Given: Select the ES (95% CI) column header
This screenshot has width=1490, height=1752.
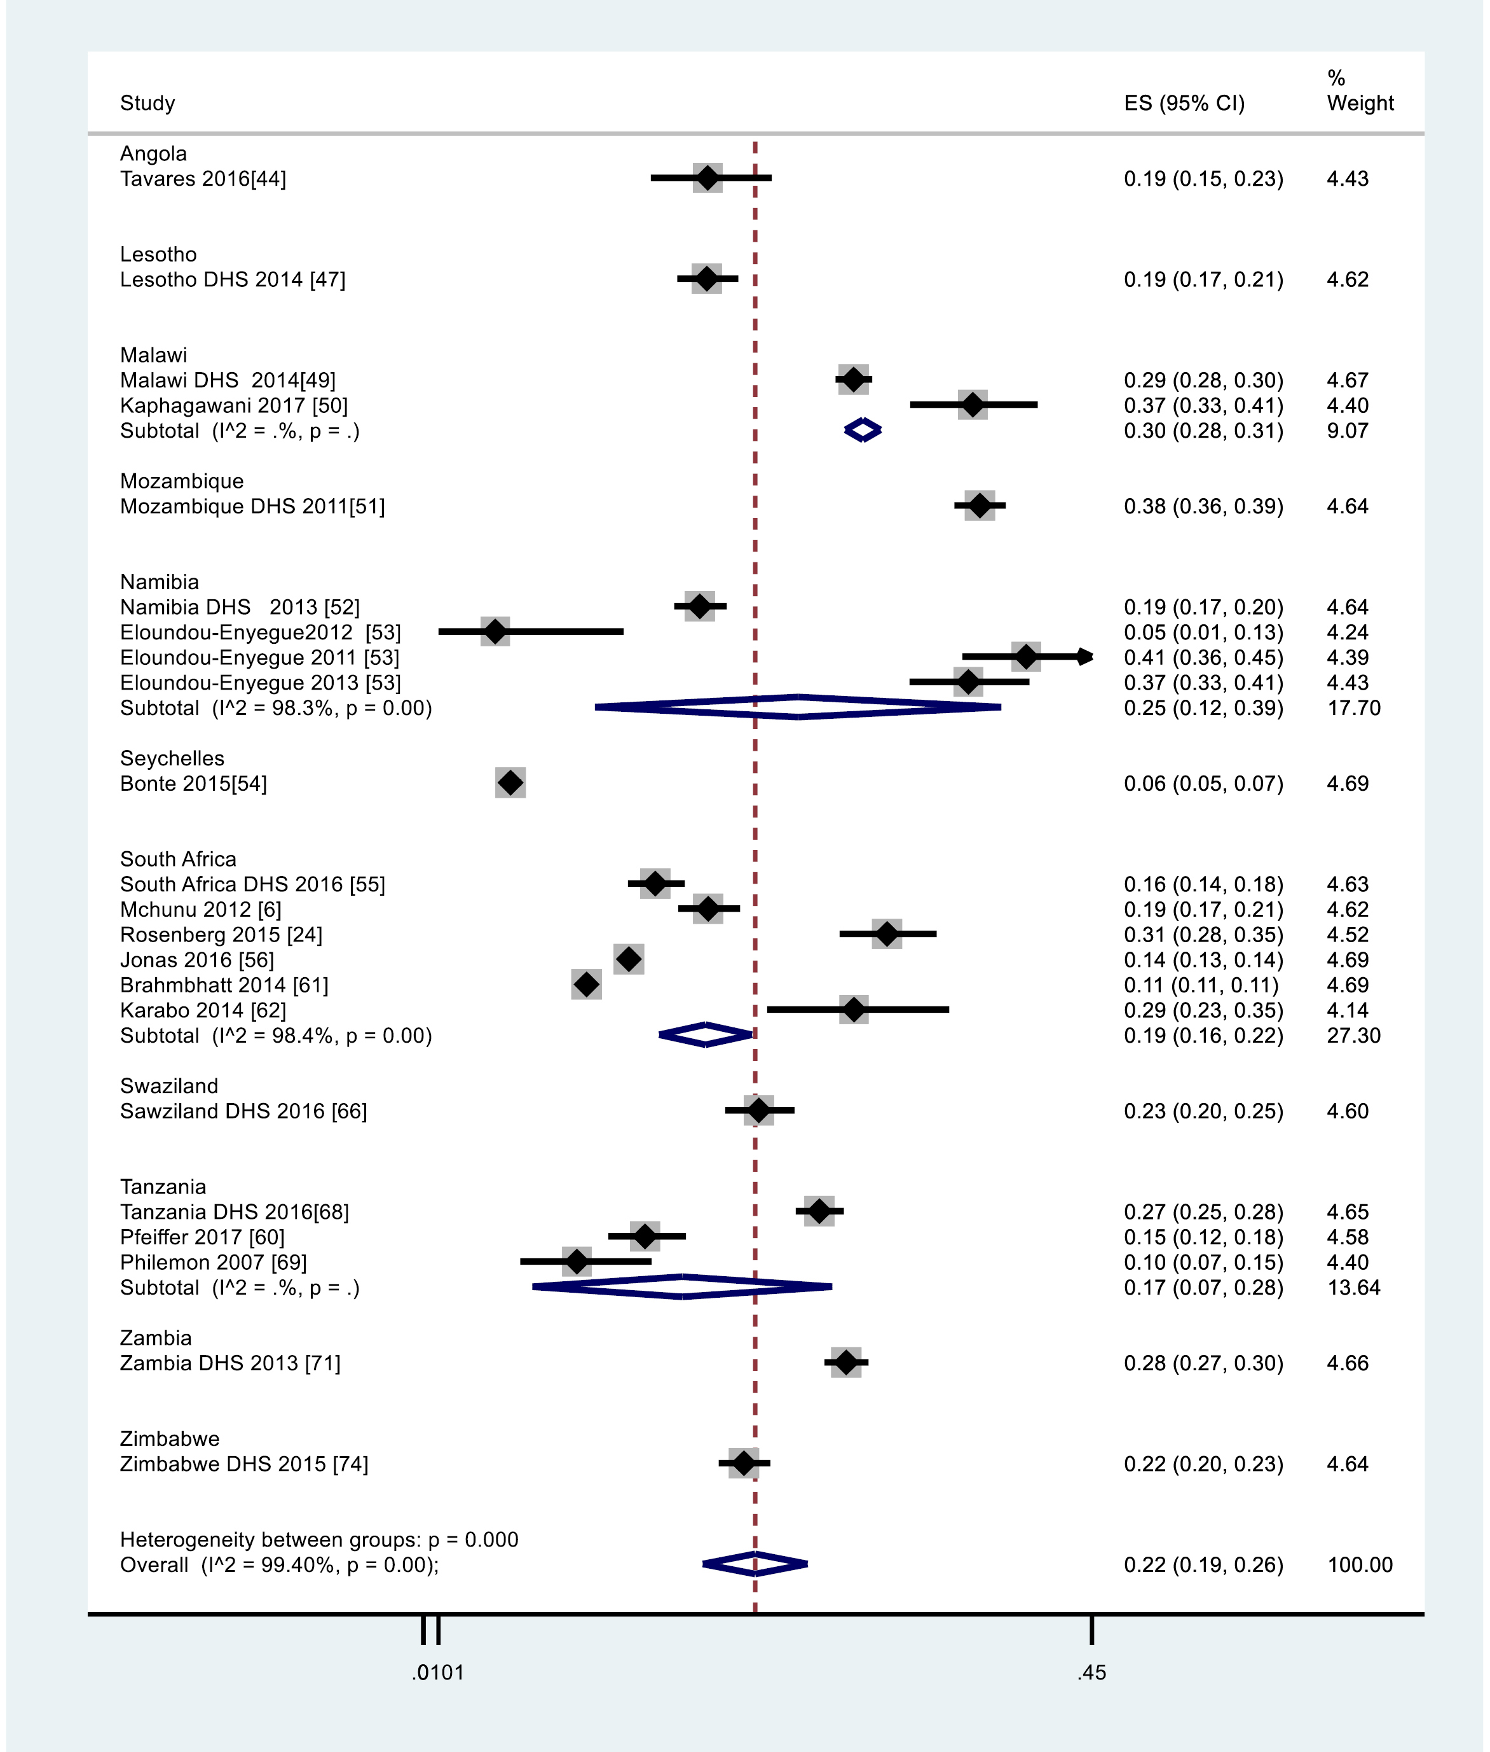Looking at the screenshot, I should point(1184,103).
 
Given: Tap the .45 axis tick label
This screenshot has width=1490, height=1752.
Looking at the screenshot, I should point(1091,1672).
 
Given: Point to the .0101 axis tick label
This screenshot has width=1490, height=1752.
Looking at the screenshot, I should point(437,1672).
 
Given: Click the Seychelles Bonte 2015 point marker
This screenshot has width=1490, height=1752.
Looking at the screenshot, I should point(510,782).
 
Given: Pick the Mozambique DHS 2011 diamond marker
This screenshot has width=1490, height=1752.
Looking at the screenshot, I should point(980,505).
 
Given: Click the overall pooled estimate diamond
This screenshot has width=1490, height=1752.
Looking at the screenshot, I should point(755,1564).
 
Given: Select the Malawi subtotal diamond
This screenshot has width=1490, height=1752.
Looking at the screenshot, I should point(863,430).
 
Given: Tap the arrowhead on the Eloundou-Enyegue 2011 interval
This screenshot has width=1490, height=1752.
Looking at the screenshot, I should point(1086,657).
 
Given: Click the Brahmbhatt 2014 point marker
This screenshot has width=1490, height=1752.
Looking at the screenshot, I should point(586,984).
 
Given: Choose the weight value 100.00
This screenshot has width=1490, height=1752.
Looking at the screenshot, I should point(1359,1564).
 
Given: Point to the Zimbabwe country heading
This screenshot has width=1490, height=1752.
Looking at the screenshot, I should point(169,1438).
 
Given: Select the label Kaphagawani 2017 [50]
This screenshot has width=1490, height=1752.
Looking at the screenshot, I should point(233,406).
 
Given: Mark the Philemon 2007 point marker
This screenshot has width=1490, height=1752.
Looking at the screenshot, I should point(577,1262).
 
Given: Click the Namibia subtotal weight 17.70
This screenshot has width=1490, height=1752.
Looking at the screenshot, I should point(1353,707).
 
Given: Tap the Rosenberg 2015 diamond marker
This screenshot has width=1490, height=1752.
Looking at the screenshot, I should point(887,934).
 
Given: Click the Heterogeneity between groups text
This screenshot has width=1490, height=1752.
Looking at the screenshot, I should point(318,1539).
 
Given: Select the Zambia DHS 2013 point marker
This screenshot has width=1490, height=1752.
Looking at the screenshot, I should point(846,1363).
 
